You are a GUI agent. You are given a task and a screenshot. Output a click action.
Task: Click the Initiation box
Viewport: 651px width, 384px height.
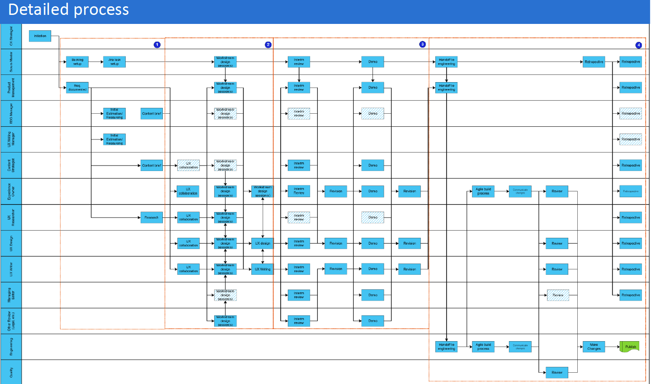(x=40, y=36)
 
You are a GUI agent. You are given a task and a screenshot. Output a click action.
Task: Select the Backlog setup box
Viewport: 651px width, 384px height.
(x=77, y=62)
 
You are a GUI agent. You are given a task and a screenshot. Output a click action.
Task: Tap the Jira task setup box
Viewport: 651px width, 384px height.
(x=114, y=62)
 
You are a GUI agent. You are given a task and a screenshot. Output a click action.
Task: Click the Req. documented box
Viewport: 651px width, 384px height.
(x=77, y=88)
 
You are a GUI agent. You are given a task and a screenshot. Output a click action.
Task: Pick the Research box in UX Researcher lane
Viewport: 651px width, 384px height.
(x=151, y=217)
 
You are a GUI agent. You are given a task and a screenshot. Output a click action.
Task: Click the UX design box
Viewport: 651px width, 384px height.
(x=262, y=243)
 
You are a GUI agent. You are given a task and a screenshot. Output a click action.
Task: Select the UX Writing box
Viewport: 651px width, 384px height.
(x=262, y=269)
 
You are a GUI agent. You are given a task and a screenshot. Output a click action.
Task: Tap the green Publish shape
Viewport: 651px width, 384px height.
(x=630, y=347)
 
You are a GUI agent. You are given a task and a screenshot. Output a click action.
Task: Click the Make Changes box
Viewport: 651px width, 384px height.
(x=594, y=347)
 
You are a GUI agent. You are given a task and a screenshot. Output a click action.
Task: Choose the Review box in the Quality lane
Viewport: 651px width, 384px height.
(x=557, y=372)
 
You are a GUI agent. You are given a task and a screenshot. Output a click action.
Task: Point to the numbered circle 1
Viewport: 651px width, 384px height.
(x=157, y=45)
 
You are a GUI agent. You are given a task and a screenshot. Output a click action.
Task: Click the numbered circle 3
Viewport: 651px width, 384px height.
(x=422, y=44)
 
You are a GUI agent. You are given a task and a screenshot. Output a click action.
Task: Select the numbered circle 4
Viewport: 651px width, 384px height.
(x=638, y=45)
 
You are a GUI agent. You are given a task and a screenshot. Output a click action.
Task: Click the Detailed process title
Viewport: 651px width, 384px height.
(x=69, y=9)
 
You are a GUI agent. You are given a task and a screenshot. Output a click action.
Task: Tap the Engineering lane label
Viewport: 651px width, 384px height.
(x=11, y=347)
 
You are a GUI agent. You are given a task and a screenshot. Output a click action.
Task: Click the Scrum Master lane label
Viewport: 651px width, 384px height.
(x=11, y=62)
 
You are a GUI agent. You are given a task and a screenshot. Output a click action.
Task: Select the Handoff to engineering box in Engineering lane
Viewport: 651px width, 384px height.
(x=446, y=347)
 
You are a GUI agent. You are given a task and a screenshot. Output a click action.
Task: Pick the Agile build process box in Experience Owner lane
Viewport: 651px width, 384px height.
(x=483, y=191)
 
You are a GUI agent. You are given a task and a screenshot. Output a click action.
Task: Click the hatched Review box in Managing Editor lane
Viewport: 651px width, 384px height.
(x=558, y=295)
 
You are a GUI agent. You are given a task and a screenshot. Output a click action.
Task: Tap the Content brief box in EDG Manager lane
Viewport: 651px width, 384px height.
(x=151, y=114)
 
